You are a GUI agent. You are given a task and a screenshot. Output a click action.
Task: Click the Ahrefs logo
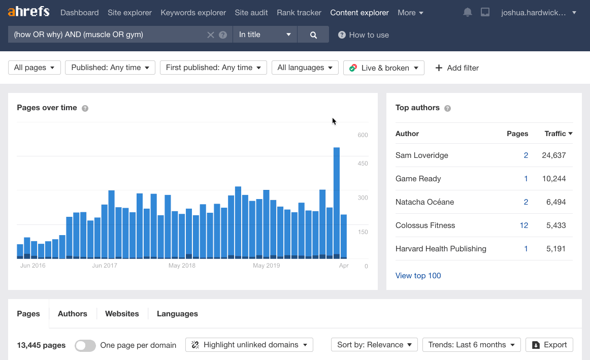point(28,12)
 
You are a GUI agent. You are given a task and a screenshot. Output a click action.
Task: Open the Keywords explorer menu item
point(193,13)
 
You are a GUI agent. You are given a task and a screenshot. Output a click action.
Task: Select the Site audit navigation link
point(251,13)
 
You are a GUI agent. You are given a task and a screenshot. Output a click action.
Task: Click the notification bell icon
point(468,12)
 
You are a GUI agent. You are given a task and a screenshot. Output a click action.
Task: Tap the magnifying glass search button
point(313,35)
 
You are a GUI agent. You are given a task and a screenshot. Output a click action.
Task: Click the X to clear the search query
point(211,35)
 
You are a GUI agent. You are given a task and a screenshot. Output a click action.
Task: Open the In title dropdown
point(265,35)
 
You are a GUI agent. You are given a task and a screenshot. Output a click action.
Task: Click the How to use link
point(364,35)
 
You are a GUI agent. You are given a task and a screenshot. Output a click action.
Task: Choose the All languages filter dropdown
point(305,68)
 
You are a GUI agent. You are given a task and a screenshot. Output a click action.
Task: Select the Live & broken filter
point(384,68)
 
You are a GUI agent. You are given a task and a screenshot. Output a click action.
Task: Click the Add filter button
point(457,68)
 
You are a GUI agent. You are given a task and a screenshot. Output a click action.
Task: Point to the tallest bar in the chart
point(336,203)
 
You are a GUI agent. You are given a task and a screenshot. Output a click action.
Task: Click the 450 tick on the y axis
point(363,163)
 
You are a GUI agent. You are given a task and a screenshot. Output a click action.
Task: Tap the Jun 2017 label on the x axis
point(105,266)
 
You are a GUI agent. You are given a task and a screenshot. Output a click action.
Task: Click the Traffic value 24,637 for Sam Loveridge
point(553,155)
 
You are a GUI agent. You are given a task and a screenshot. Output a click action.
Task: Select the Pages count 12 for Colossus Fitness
point(524,225)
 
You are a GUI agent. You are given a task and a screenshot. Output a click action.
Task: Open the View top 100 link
point(418,276)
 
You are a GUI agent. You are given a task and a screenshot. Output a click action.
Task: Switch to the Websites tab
point(122,314)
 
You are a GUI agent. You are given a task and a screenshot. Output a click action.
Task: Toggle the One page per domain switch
point(85,345)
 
